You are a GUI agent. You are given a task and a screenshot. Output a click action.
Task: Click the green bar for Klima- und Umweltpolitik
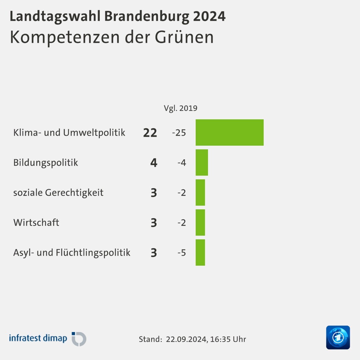click(229, 132)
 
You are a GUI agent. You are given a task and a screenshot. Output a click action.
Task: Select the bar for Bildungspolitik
click(202, 162)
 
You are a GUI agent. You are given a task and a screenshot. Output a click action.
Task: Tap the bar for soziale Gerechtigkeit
click(200, 192)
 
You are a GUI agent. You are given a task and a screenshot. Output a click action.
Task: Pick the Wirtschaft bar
click(200, 222)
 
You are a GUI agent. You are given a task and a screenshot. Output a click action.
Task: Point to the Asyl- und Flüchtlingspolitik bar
click(200, 252)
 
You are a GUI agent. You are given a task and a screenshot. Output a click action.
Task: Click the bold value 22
click(150, 133)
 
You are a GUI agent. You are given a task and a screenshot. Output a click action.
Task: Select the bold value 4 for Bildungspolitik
click(154, 163)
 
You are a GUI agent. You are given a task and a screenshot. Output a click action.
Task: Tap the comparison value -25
click(179, 133)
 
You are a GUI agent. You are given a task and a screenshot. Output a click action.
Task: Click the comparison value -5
click(182, 253)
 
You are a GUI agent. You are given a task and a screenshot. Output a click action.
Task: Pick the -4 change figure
click(182, 163)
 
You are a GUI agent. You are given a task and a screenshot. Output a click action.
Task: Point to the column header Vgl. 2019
click(180, 108)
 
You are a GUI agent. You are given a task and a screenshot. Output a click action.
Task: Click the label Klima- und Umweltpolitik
click(69, 133)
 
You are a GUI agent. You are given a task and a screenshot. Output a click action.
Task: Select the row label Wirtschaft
click(36, 222)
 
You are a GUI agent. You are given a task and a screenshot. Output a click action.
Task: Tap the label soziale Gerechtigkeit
click(58, 192)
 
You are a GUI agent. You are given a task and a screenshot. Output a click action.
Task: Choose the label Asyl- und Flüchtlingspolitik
click(72, 252)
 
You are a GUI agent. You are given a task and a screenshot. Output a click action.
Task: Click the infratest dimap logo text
click(38, 338)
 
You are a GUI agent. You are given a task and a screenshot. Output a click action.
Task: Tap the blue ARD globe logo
click(338, 337)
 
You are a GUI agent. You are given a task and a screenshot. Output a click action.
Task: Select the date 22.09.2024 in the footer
click(186, 339)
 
